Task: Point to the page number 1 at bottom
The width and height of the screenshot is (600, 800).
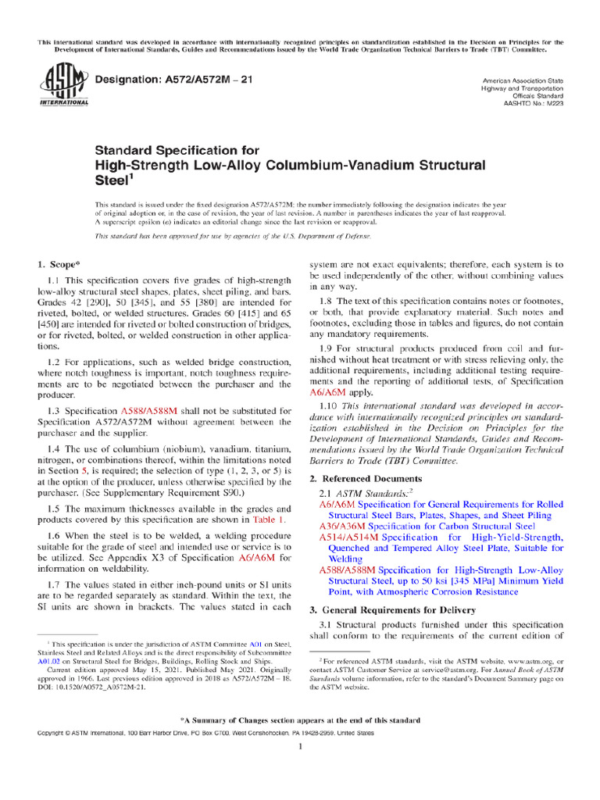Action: coord(300,747)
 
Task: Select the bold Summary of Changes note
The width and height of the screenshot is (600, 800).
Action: coord(300,720)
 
